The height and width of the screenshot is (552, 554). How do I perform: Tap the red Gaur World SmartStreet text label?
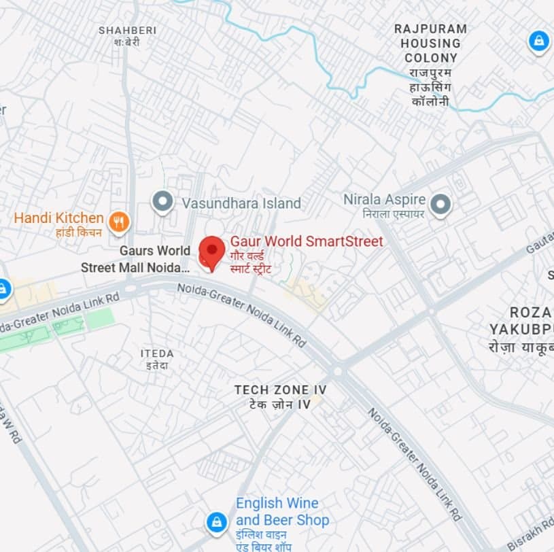[x=307, y=241]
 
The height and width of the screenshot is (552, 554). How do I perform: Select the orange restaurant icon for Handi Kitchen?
[x=119, y=220]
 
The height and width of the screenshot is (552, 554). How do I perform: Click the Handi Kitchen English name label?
[x=59, y=218]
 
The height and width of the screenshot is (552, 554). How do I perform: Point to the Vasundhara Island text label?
[x=241, y=203]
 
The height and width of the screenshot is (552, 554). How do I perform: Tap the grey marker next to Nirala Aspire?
[x=441, y=203]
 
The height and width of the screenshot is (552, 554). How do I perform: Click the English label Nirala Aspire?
[x=384, y=200]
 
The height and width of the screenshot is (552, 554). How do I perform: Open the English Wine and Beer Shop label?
[x=282, y=512]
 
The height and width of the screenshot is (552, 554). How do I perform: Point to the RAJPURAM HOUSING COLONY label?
[x=431, y=44]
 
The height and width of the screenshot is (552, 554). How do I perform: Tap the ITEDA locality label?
[x=157, y=353]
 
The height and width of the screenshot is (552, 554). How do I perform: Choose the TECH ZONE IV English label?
[x=280, y=390]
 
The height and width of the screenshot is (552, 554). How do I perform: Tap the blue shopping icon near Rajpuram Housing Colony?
[x=538, y=41]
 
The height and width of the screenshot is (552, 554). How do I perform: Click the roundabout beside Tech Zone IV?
[x=338, y=371]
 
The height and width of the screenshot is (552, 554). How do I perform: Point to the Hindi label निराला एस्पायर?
[x=384, y=213]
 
